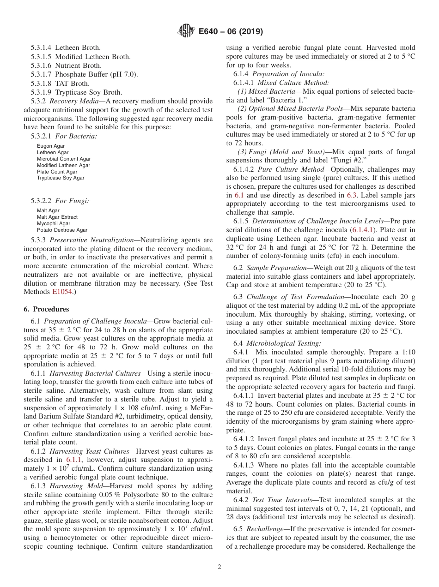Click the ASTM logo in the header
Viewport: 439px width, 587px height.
[x=186, y=31]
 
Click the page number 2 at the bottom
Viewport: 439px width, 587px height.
[x=219, y=567]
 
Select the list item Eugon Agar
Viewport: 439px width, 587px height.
[x=51, y=146]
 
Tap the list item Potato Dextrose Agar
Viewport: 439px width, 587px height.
[x=62, y=230]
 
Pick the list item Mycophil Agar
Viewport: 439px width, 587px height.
[x=54, y=223]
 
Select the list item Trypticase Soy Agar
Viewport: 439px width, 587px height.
[x=61, y=178]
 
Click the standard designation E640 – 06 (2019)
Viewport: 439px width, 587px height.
[x=231, y=31]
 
